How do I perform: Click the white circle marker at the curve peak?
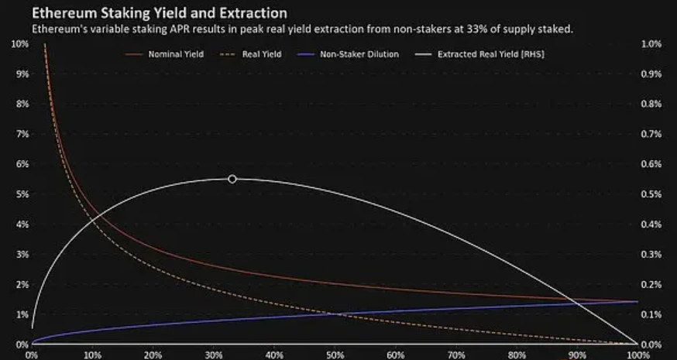coord(232,179)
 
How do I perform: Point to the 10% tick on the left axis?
coord(19,43)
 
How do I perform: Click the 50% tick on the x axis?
coord(334,355)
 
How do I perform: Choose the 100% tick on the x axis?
coord(636,355)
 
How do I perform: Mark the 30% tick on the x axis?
coord(213,355)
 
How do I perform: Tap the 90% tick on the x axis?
coord(576,355)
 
